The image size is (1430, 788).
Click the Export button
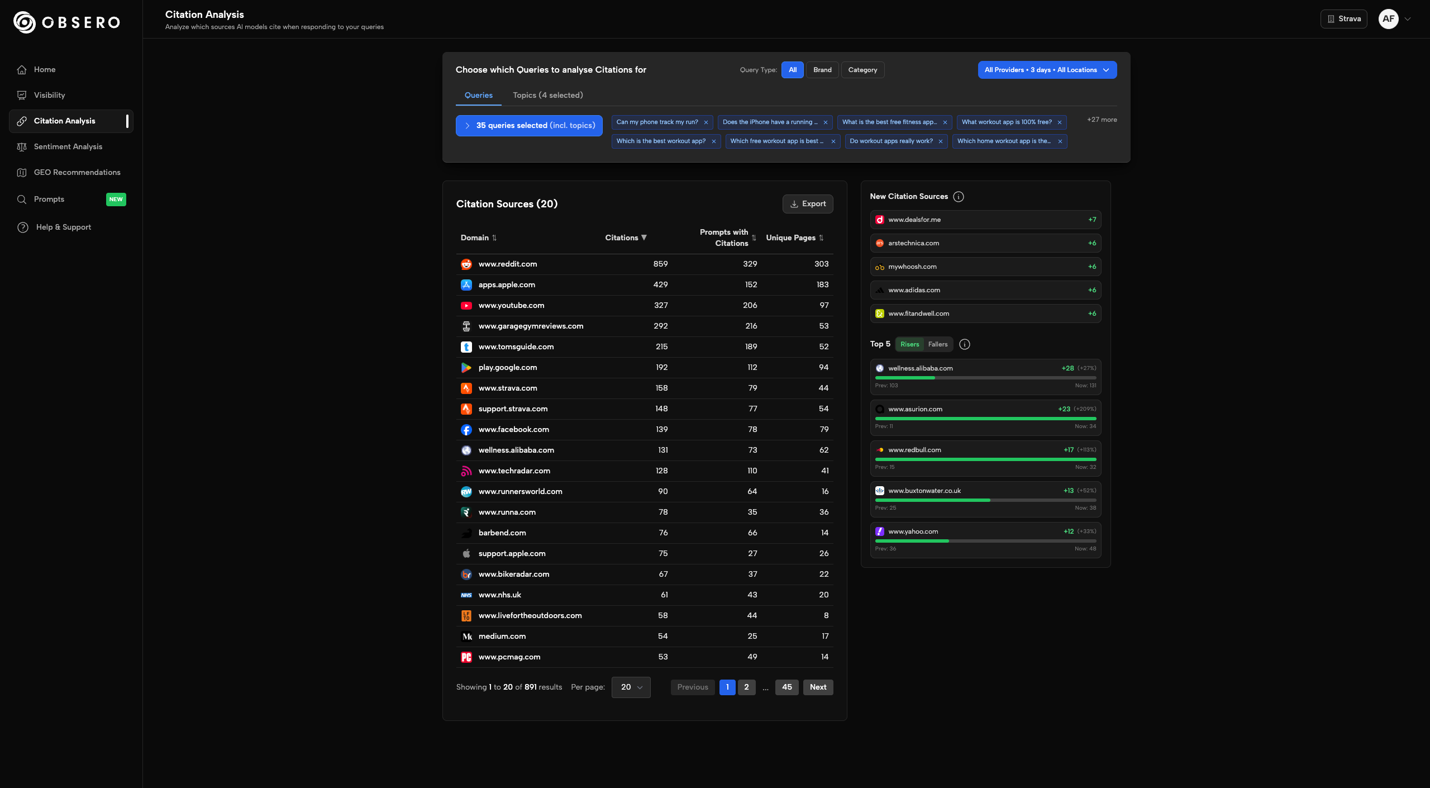pos(808,204)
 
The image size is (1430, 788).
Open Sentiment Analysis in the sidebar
pos(68,147)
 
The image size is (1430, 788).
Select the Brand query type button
pos(822,70)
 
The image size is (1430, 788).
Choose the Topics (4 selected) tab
pos(547,96)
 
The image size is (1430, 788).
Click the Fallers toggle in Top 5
pos(938,344)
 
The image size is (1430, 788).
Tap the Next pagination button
pos(818,687)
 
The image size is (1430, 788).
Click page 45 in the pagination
pos(786,687)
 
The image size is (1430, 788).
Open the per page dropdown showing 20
pos(631,687)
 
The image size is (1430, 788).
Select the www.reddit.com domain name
pos(507,264)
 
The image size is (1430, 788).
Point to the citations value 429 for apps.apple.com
pos(660,285)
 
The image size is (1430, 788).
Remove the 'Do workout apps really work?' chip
pos(941,141)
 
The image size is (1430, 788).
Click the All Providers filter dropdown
pos(1047,70)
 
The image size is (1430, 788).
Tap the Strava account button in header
pos(1343,19)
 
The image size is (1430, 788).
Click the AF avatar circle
pos(1388,19)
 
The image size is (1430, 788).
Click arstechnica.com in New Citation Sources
pos(913,244)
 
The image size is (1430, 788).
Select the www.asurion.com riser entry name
pos(915,410)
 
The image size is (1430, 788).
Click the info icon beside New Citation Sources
pos(959,197)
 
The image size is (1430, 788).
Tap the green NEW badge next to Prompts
pos(116,200)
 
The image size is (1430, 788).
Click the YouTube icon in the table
pos(466,306)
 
